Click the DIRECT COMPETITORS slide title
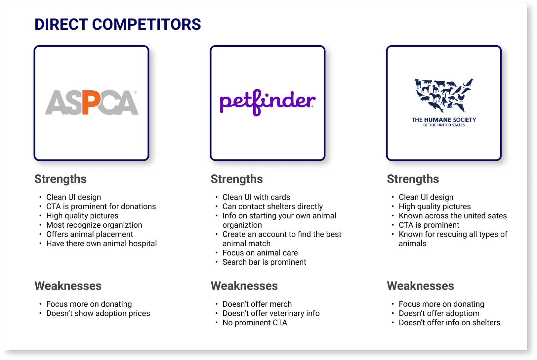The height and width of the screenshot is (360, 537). click(118, 24)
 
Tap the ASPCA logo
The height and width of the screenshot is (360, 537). click(92, 103)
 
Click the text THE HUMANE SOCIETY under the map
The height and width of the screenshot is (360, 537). click(444, 120)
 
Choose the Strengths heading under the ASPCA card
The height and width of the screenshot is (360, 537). click(61, 179)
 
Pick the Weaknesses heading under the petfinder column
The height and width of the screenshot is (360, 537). click(244, 286)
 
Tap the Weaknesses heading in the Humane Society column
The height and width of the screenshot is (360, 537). click(420, 286)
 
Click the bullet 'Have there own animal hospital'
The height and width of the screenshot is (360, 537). click(102, 244)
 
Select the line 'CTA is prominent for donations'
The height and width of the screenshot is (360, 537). click(101, 206)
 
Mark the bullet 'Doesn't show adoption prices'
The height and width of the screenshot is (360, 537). click(98, 313)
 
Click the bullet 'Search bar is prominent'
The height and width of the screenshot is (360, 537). click(264, 262)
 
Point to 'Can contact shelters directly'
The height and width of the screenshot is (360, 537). click(272, 206)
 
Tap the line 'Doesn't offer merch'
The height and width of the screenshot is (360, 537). click(257, 304)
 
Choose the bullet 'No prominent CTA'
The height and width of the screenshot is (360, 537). click(255, 323)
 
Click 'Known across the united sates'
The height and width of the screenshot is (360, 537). click(453, 216)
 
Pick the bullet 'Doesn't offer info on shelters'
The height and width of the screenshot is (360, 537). click(449, 323)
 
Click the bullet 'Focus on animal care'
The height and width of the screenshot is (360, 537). click(260, 253)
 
